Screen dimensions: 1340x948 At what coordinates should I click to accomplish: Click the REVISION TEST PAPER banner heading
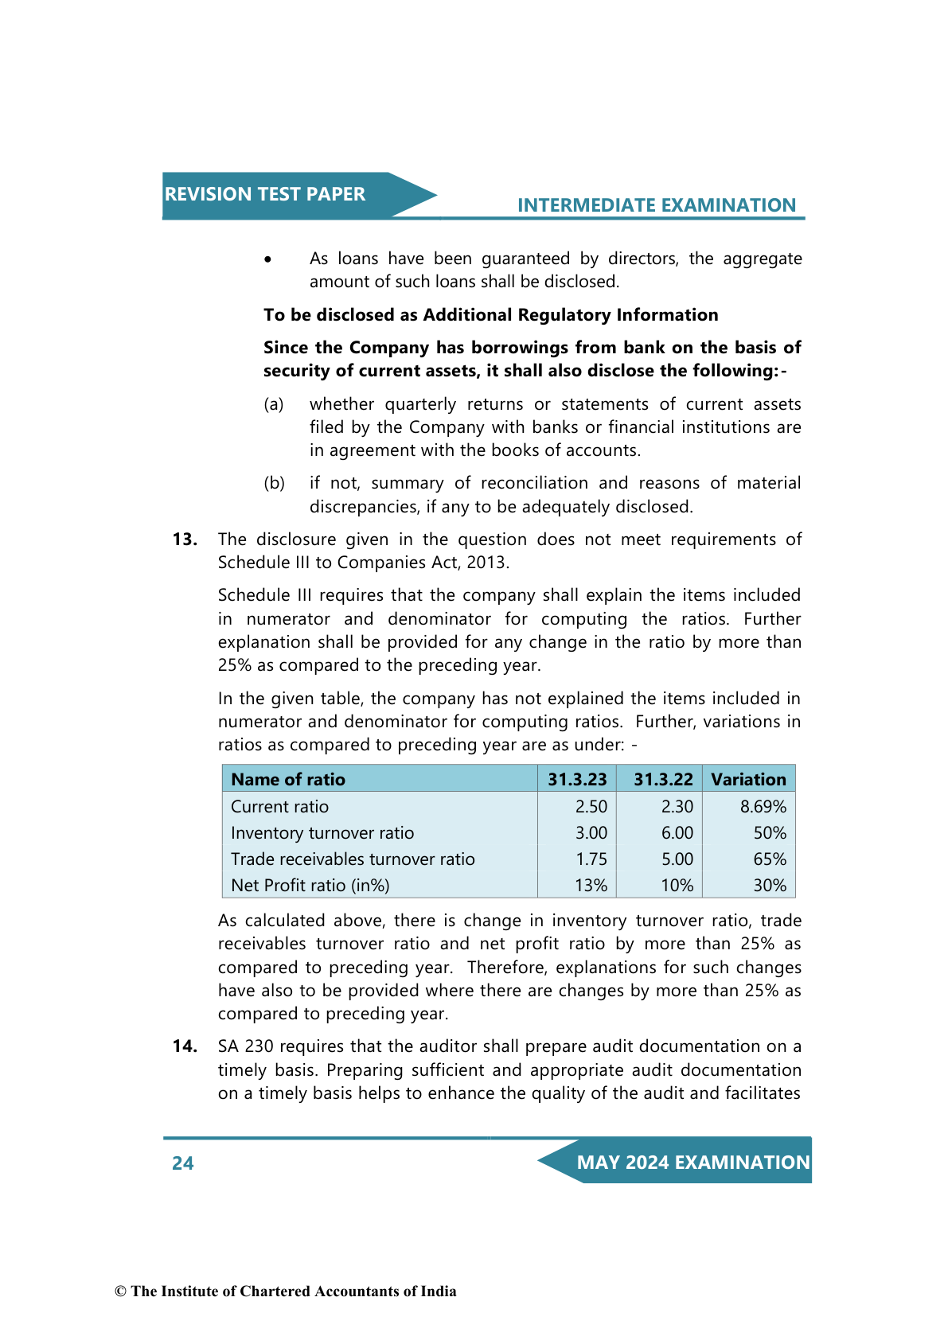(x=265, y=194)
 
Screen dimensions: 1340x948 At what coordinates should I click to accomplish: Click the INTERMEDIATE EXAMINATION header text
(x=656, y=205)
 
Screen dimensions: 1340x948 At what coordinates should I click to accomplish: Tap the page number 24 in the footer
(x=183, y=1163)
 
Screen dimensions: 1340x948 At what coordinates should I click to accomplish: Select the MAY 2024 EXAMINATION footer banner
(x=692, y=1163)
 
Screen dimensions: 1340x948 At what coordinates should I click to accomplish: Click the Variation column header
(x=748, y=780)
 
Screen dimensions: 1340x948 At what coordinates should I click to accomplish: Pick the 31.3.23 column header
(x=577, y=780)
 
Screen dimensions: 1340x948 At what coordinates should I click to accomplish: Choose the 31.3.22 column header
(x=663, y=780)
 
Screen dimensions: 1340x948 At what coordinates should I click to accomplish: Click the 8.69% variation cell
(x=763, y=807)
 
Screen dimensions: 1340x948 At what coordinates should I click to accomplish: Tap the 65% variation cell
(x=769, y=859)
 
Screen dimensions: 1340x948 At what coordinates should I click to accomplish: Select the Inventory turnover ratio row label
(x=322, y=833)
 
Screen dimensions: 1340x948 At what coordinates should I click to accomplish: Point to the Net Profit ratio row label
(x=310, y=886)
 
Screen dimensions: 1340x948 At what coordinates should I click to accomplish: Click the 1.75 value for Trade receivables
(x=591, y=859)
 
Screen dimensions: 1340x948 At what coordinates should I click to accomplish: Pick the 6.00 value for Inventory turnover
(x=677, y=833)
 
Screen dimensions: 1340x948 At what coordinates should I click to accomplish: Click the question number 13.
(x=185, y=540)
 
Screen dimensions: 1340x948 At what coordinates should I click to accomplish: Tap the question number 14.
(x=185, y=1046)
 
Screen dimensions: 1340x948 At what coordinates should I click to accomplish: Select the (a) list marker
(x=274, y=404)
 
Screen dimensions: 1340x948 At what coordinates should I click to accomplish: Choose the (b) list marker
(x=274, y=483)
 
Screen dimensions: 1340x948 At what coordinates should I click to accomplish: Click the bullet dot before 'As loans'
(x=268, y=259)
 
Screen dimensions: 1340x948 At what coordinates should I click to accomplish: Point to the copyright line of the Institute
(x=286, y=1291)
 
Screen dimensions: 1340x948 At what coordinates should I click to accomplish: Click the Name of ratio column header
(x=288, y=780)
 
